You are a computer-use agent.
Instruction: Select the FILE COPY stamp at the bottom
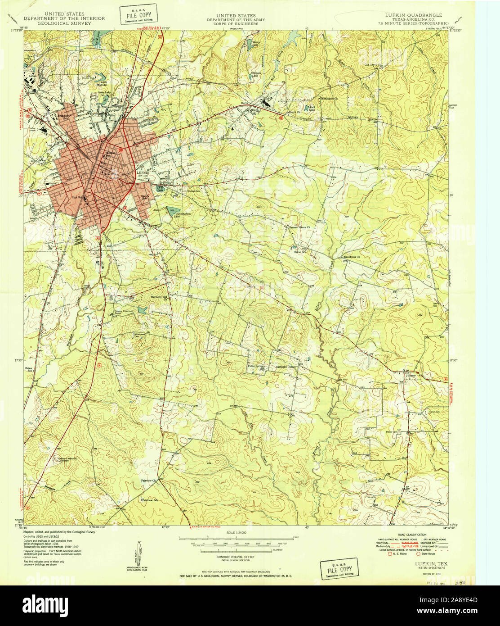pyautogui.click(x=339, y=568)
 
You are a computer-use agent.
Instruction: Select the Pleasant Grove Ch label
pyautogui.click(x=299, y=227)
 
